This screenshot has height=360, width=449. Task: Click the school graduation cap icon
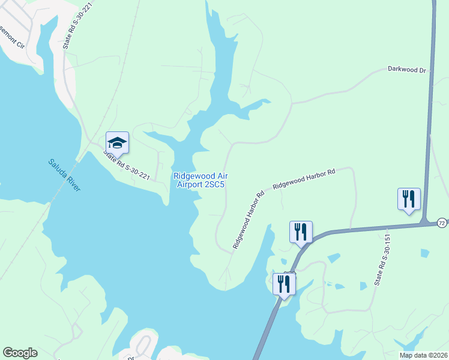[118, 143]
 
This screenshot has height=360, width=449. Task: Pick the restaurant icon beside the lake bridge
[284, 284]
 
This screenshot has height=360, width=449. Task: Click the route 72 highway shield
[442, 223]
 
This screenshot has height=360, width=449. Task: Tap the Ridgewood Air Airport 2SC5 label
[200, 180]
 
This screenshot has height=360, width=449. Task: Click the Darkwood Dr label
[406, 70]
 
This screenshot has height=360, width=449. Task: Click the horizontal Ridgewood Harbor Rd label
[304, 179]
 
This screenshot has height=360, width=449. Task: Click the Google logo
[20, 353]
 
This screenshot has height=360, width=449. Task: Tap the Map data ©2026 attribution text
[423, 355]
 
